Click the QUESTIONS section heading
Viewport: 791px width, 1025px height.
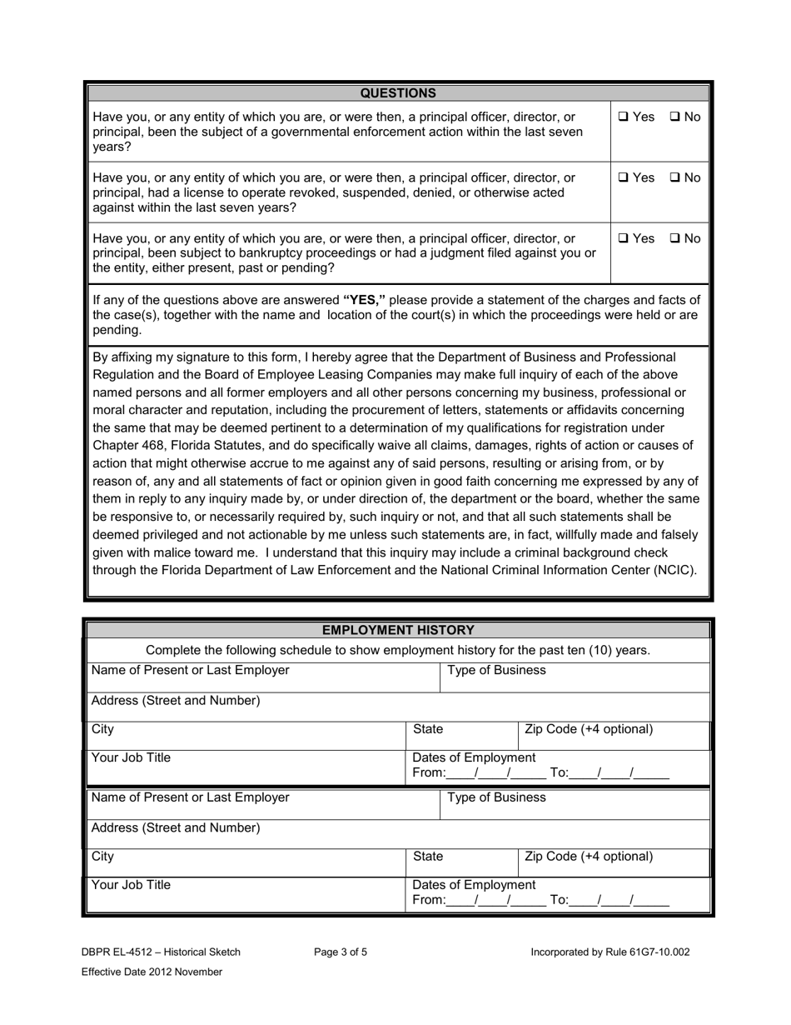click(397, 93)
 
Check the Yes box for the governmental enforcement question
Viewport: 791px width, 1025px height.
click(624, 117)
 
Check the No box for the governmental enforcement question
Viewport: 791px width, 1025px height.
click(674, 117)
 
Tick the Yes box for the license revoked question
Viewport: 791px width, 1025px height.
click(624, 177)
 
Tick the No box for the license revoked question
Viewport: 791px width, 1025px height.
click(674, 177)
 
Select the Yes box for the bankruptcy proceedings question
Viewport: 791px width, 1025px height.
click(624, 238)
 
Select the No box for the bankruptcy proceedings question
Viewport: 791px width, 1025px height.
click(674, 238)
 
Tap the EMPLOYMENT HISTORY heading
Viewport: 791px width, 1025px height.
click(397, 630)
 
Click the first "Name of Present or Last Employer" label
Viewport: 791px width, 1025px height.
click(191, 670)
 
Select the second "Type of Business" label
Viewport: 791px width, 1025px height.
click(496, 797)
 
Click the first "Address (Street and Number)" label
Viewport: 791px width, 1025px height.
click(176, 701)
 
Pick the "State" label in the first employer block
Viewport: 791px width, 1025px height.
click(428, 730)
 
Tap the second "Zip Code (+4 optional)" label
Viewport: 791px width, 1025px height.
click(589, 857)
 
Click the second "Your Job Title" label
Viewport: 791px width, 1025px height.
click(131, 885)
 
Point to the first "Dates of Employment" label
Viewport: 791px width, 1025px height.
click(475, 757)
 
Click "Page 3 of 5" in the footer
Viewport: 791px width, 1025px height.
click(341, 952)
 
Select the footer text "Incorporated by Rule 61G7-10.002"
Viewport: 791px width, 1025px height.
click(609, 952)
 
